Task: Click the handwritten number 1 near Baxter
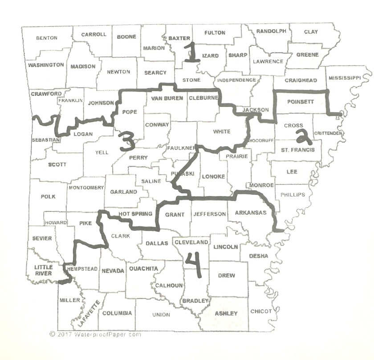[191, 53]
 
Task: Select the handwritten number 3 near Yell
[126, 143]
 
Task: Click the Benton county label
[47, 38]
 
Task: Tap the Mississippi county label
[345, 78]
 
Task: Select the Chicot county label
[261, 311]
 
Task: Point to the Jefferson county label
[210, 214]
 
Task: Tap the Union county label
[161, 315]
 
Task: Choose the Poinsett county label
[301, 102]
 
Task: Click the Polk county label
[48, 196]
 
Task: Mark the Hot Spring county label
[135, 214]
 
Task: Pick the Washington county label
[46, 65]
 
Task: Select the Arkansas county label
[250, 212]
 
